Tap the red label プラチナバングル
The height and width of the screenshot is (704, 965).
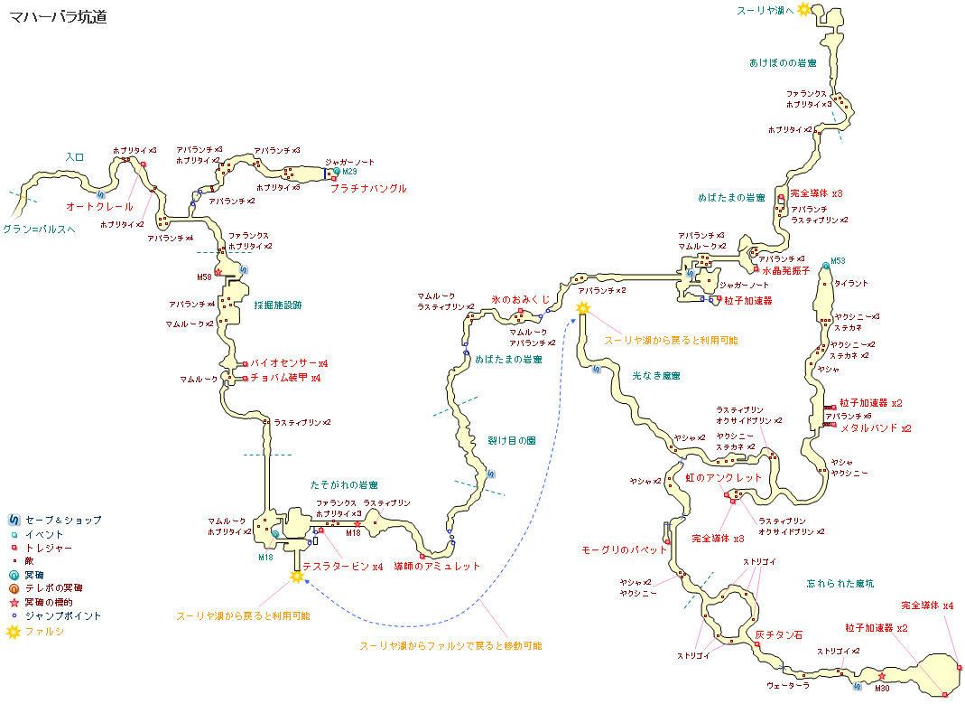click(368, 189)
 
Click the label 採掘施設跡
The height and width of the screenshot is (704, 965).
click(278, 305)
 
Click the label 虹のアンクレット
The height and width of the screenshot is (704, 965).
click(723, 477)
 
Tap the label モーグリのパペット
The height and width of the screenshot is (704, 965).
click(625, 549)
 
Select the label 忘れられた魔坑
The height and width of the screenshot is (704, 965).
click(840, 584)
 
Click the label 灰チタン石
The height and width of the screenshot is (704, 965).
click(778, 635)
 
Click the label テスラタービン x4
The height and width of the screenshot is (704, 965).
click(343, 567)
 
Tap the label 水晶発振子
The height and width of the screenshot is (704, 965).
click(786, 269)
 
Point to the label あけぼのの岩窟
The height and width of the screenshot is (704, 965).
click(783, 63)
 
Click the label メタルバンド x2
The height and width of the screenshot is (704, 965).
click(876, 428)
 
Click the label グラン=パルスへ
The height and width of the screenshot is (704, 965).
click(39, 230)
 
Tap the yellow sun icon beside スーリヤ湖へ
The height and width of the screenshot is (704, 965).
click(803, 9)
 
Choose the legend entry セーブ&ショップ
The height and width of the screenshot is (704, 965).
click(63, 521)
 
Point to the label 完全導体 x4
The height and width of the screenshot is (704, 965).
click(927, 605)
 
